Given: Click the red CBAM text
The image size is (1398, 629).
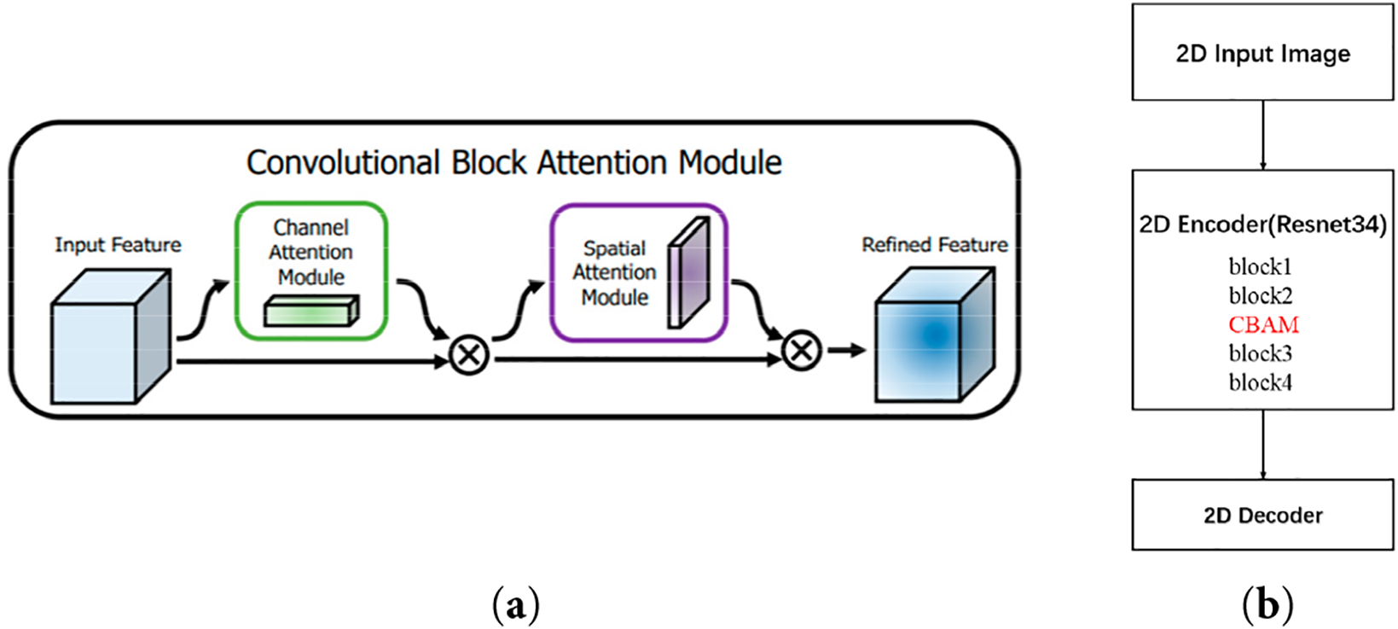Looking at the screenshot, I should pyautogui.click(x=1263, y=325).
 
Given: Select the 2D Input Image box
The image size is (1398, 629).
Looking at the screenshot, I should pyautogui.click(x=1262, y=53).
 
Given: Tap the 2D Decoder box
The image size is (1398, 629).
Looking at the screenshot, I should pyautogui.click(x=1262, y=515).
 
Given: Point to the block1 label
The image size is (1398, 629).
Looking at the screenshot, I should pyautogui.click(x=1260, y=267).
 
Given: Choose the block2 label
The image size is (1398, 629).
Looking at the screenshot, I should pyautogui.click(x=1260, y=296).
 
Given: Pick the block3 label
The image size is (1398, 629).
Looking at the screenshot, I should pyautogui.click(x=1260, y=353).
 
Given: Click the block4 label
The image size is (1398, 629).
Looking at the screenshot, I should pyautogui.click(x=1260, y=382).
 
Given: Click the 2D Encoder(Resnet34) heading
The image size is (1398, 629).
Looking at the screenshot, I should pyautogui.click(x=1262, y=224).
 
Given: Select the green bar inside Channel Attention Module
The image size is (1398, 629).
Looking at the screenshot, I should pyautogui.click(x=311, y=312).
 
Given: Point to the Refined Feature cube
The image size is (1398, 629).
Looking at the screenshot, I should pyautogui.click(x=935, y=336).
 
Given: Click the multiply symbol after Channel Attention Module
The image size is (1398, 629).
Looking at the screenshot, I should pyautogui.click(x=469, y=354).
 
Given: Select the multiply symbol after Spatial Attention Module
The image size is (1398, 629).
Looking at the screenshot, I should pyautogui.click(x=801, y=350).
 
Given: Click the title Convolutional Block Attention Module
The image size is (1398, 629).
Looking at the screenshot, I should pyautogui.click(x=513, y=162).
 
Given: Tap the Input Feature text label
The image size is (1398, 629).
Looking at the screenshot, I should pyautogui.click(x=118, y=245).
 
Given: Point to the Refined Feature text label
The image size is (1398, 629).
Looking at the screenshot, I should pyautogui.click(x=934, y=245).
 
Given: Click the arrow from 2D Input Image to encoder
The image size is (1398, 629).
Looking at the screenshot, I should pyautogui.click(x=1262, y=135).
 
